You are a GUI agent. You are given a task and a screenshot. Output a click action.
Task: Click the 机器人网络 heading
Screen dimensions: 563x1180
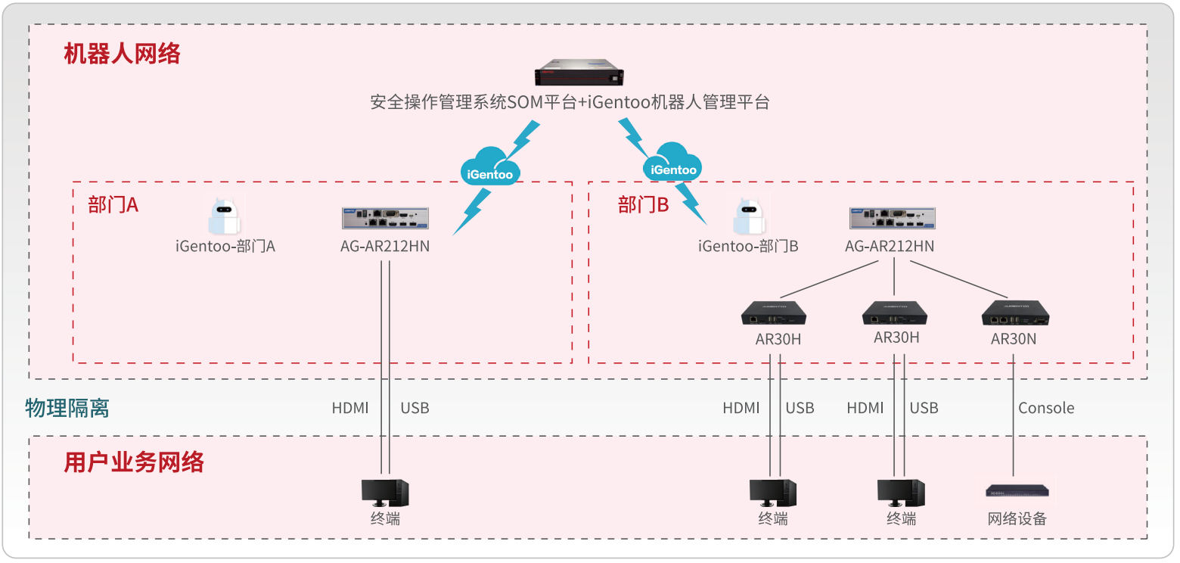click(x=123, y=54)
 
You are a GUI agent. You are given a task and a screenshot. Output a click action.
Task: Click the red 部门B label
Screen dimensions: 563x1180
click(x=643, y=205)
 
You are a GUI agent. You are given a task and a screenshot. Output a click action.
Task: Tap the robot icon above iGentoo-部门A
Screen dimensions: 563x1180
click(x=224, y=218)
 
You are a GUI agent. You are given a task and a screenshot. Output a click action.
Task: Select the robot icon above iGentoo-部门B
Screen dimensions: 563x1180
click(x=748, y=218)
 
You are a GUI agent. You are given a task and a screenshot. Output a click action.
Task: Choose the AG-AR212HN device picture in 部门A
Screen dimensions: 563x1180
click(x=384, y=219)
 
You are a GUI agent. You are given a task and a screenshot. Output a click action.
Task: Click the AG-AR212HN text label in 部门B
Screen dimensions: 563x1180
click(x=890, y=246)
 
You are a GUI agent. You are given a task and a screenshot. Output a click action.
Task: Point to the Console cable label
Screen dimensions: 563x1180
click(x=1046, y=408)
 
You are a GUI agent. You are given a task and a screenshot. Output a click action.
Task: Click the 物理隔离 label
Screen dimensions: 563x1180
click(x=67, y=408)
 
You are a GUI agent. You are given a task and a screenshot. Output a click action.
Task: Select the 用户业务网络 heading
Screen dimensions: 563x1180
click(x=134, y=462)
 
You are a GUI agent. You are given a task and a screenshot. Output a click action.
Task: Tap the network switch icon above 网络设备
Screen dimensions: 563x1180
click(x=1017, y=491)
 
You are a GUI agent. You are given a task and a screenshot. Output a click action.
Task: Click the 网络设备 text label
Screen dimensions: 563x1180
click(x=1017, y=519)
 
